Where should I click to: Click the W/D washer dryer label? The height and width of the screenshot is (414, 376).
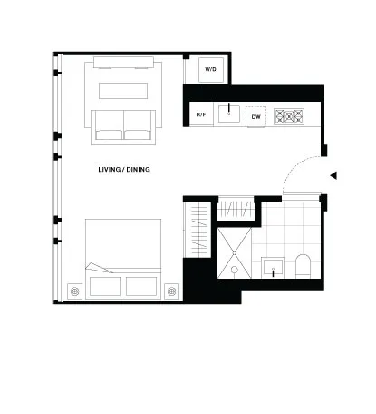point(210,69)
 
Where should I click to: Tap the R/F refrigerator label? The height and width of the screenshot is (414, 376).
point(201,114)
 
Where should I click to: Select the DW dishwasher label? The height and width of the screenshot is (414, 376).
point(255,117)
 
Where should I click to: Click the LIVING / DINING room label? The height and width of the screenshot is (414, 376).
point(124,170)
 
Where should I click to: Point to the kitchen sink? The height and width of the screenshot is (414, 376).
point(229,113)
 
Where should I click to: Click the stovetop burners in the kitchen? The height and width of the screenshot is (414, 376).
point(289,116)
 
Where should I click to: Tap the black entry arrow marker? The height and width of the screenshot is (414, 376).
point(333,175)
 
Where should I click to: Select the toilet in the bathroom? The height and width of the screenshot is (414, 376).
point(303,266)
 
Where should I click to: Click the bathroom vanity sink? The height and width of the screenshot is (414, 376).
point(273,268)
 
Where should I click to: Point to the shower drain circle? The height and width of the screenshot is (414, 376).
point(235,270)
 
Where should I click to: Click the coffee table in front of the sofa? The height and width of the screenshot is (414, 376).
point(123,91)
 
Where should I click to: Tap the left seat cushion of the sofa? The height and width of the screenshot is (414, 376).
point(109,124)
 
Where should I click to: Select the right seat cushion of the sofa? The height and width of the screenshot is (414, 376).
point(138,124)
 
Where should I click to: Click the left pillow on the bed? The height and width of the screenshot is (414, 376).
point(105,286)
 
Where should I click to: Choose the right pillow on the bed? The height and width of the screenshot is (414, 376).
point(141,286)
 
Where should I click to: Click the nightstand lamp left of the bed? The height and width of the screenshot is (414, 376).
point(74,291)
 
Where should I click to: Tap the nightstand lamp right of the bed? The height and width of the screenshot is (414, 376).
point(172,291)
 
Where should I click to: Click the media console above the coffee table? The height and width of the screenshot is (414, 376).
point(123,63)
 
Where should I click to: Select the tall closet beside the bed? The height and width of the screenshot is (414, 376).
point(198,230)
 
